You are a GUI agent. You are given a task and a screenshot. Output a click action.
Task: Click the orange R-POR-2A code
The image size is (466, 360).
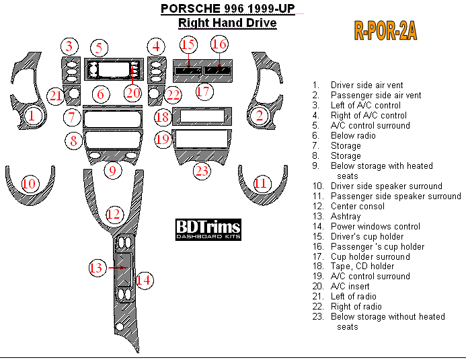pos(385,31)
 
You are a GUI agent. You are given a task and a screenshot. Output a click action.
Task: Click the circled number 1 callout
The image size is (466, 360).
pos(31,116)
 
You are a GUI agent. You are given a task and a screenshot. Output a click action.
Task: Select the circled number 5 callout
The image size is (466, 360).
pos(100,47)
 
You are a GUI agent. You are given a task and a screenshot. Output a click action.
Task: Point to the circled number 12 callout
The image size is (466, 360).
pos(114,215)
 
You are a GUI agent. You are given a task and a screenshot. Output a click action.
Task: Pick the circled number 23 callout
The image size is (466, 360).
pos(202,170)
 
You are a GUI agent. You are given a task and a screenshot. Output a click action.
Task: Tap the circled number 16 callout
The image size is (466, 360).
pos(219,44)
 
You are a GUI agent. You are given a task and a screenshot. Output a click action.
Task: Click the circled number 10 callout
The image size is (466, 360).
pos(29,182)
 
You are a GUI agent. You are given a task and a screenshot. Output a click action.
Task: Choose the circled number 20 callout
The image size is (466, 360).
pos(134,92)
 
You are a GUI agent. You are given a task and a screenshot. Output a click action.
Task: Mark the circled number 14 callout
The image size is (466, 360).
pos(144,279)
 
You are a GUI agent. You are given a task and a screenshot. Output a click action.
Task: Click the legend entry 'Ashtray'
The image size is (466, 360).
pos(346,216)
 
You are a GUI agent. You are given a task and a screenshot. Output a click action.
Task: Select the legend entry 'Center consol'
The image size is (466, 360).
pos(358,206)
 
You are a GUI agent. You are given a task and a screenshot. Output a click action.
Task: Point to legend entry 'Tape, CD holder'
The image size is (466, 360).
pos(362,266)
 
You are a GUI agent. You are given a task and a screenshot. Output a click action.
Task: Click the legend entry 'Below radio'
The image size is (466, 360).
pos(353,135)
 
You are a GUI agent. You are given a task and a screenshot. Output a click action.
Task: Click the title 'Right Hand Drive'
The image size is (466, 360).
pos(227,24)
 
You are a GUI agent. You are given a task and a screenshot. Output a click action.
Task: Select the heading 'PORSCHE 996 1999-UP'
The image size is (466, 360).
pos(227,9)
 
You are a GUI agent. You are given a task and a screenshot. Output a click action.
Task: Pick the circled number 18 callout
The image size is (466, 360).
pos(162,118)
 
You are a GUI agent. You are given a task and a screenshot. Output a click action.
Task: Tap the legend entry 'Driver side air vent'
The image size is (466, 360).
pos(366,85)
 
